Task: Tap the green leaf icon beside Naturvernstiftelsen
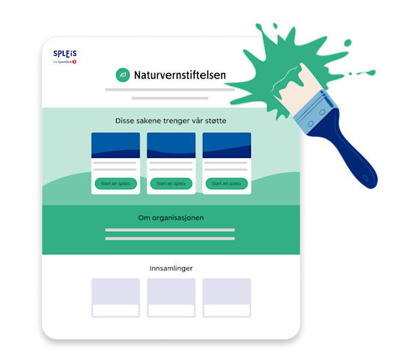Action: (x=123, y=75)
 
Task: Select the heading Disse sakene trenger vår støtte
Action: (x=171, y=121)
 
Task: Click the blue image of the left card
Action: (x=115, y=145)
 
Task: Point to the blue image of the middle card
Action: (x=171, y=145)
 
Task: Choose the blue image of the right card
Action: (x=227, y=145)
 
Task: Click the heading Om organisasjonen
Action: (x=171, y=218)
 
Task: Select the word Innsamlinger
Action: (x=171, y=268)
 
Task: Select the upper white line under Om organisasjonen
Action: (x=170, y=231)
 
